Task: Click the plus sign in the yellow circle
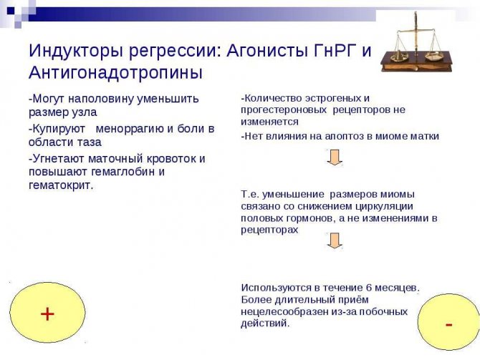(47, 313)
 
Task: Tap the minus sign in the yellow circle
(448, 324)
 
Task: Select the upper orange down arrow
(334, 157)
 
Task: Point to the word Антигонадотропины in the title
(115, 73)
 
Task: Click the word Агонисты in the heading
(272, 52)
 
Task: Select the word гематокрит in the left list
(60, 185)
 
